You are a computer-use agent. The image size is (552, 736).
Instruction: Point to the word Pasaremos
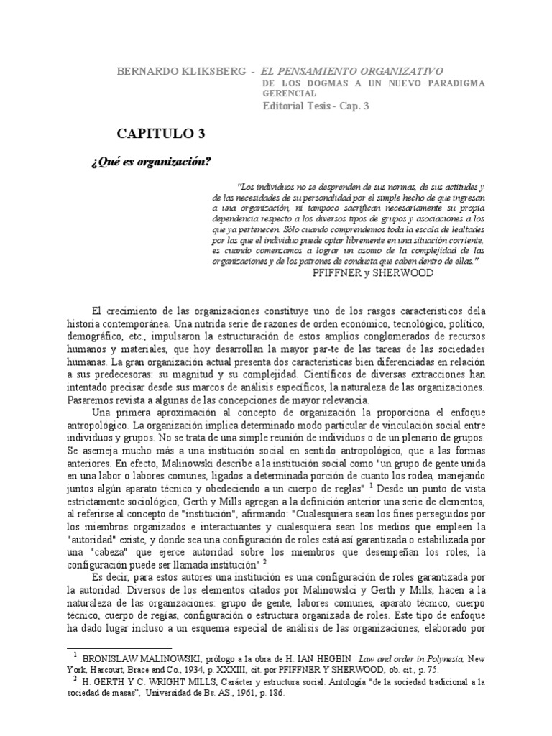pyautogui.click(x=91, y=400)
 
